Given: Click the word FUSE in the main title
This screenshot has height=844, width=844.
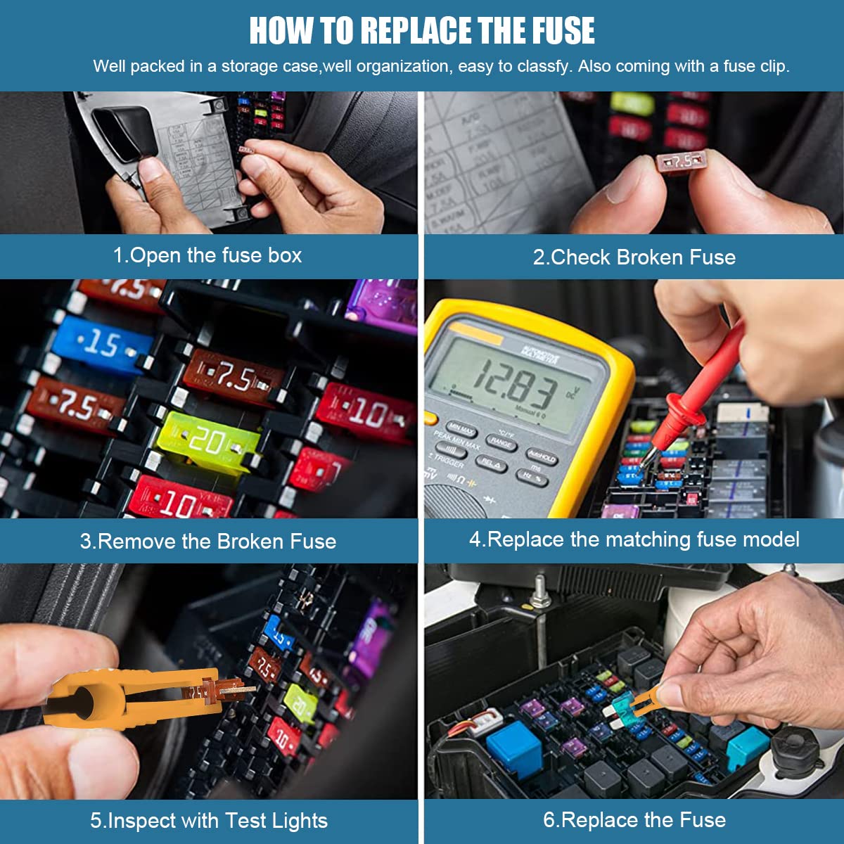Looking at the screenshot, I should (x=563, y=31).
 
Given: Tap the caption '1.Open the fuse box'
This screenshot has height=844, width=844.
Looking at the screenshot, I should (x=207, y=255).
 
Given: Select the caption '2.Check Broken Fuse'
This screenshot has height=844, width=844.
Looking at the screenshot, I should (x=634, y=257).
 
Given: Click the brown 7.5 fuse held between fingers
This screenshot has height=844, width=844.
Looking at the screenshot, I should (x=679, y=161).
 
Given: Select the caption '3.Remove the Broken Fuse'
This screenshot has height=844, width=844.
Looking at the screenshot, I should (x=207, y=542).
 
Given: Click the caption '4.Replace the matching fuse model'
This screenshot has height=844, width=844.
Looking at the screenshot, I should (x=634, y=539).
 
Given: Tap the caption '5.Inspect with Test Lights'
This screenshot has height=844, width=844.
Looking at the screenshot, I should (x=209, y=821).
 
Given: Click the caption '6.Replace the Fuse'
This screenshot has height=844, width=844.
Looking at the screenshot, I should (x=634, y=820).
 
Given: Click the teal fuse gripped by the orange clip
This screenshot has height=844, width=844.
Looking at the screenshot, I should (x=622, y=705).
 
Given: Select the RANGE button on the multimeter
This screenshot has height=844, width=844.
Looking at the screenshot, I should (x=501, y=442).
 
